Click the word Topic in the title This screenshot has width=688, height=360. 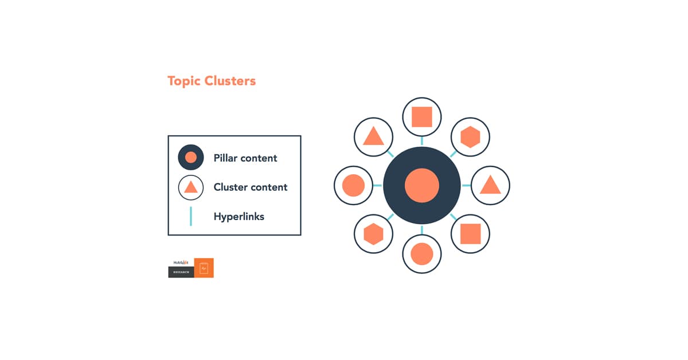click(x=185, y=81)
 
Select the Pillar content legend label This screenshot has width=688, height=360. click(x=245, y=158)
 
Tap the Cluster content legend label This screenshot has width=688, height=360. click(x=251, y=187)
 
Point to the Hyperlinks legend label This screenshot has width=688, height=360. click(x=239, y=216)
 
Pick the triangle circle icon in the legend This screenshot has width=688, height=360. click(x=191, y=187)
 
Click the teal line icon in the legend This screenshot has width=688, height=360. click(x=191, y=216)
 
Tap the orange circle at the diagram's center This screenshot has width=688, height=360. click(x=422, y=186)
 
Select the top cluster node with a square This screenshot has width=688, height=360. click(x=422, y=117)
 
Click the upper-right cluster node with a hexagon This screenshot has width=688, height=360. click(x=470, y=137)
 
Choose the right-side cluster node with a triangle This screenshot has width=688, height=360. click(x=490, y=185)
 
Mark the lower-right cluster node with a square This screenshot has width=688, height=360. click(x=470, y=234)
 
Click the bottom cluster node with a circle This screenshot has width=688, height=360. click(x=422, y=254)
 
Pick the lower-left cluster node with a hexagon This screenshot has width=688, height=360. click(x=373, y=234)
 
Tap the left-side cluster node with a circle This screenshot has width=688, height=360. click(x=353, y=186)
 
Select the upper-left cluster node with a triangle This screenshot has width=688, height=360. click(x=373, y=137)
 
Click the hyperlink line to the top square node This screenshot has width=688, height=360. click(x=422, y=141)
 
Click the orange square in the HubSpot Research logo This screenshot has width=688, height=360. click(x=204, y=268)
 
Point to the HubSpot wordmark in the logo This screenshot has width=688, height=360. click(x=181, y=263)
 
